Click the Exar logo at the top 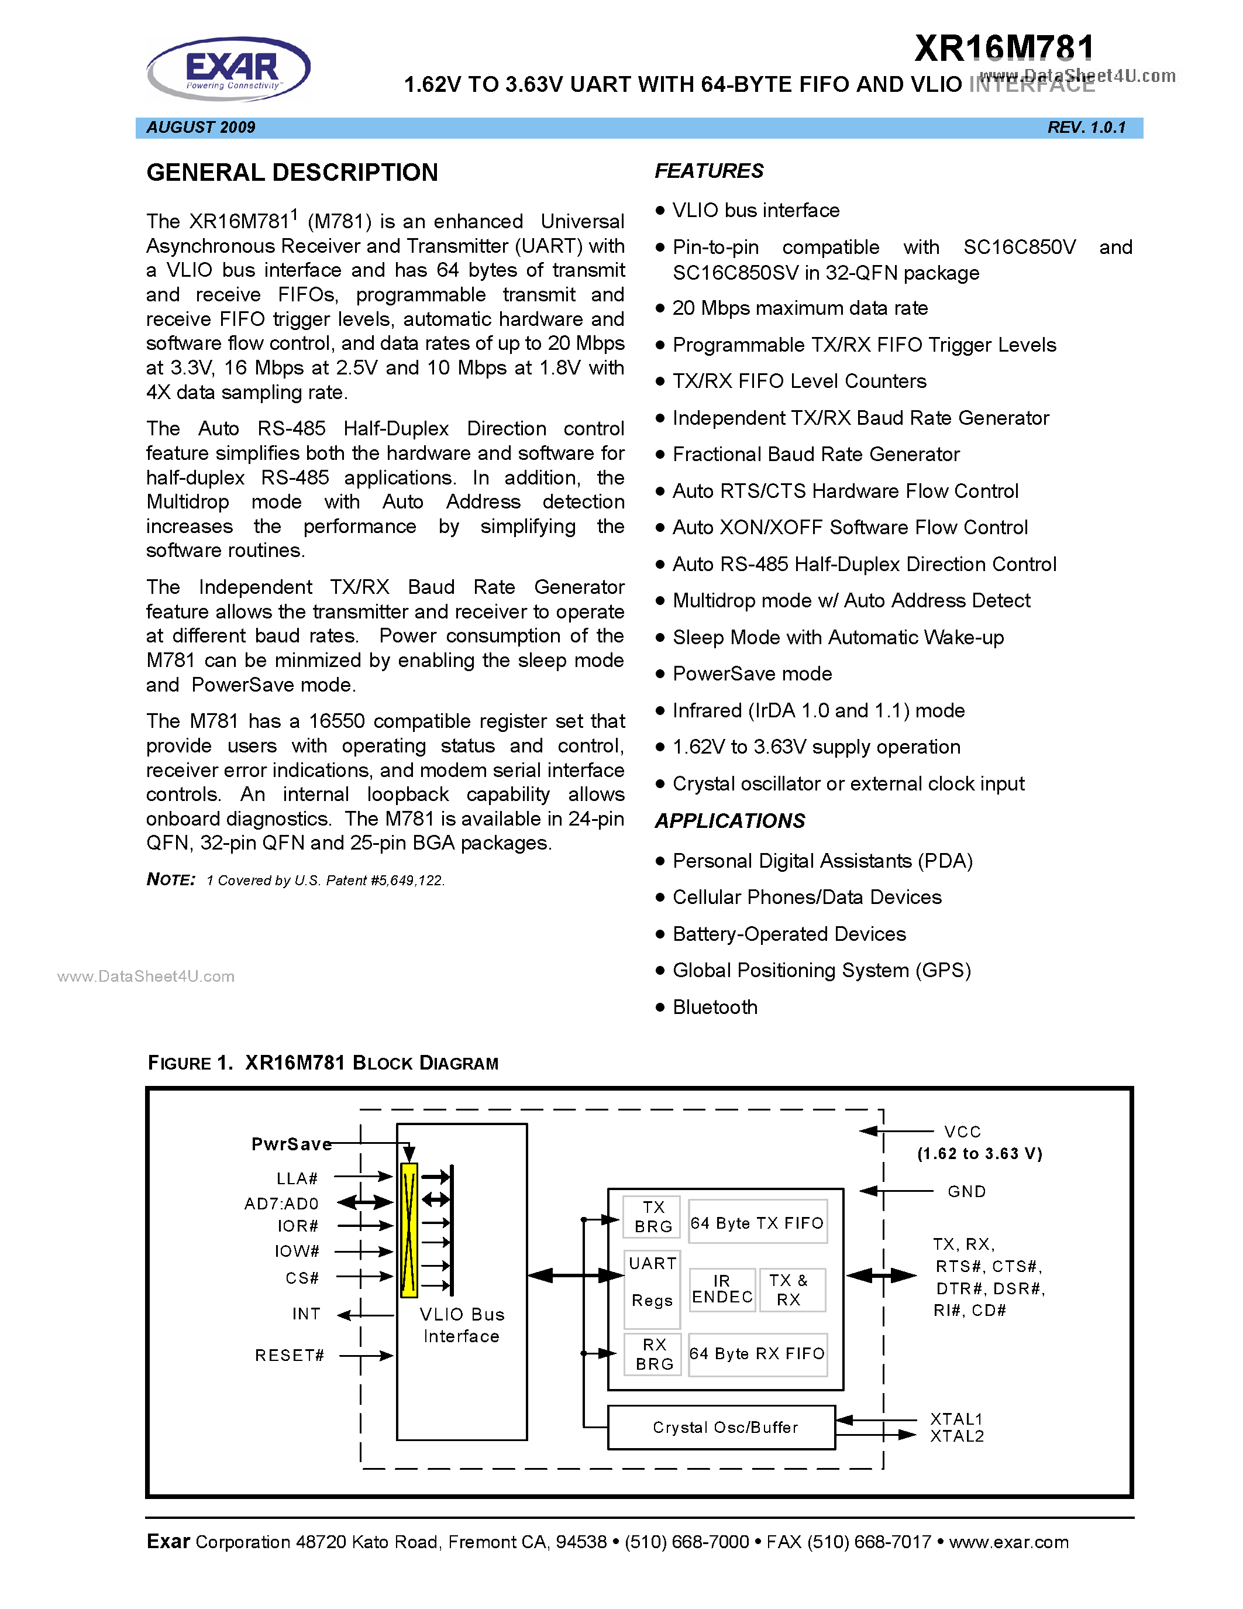(x=229, y=68)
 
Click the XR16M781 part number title (x=1004, y=49)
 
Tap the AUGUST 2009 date (x=201, y=128)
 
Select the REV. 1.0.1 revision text (x=1086, y=128)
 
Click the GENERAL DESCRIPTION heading (x=292, y=173)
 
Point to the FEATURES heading (x=708, y=171)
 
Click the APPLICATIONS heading (x=730, y=821)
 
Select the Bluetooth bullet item (x=714, y=1007)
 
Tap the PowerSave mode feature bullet (x=752, y=673)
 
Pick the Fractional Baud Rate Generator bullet (x=816, y=454)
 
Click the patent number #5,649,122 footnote (x=405, y=881)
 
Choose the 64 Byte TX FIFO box (x=757, y=1223)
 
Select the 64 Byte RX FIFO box (x=757, y=1353)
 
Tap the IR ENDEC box (x=722, y=1290)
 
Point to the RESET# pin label (x=290, y=1356)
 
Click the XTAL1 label (x=956, y=1418)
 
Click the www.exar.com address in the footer (x=1009, y=1542)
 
